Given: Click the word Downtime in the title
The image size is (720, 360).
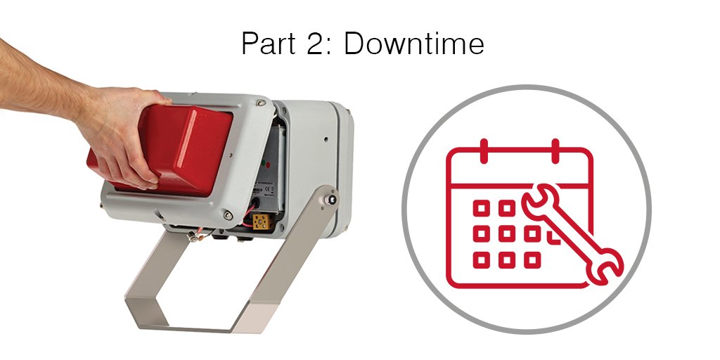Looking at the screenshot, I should [x=414, y=44].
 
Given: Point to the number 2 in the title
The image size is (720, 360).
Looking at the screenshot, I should [x=315, y=44].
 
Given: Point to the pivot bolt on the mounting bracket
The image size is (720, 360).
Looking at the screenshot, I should [x=328, y=200].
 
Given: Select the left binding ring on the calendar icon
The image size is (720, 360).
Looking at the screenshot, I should [x=483, y=149].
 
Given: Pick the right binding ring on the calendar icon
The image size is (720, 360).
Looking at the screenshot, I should [x=555, y=149].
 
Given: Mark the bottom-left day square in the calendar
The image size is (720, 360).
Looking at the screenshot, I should [x=481, y=259].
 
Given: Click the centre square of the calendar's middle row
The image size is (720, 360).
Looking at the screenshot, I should [x=506, y=233].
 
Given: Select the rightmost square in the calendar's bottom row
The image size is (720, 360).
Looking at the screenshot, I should [x=532, y=259].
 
